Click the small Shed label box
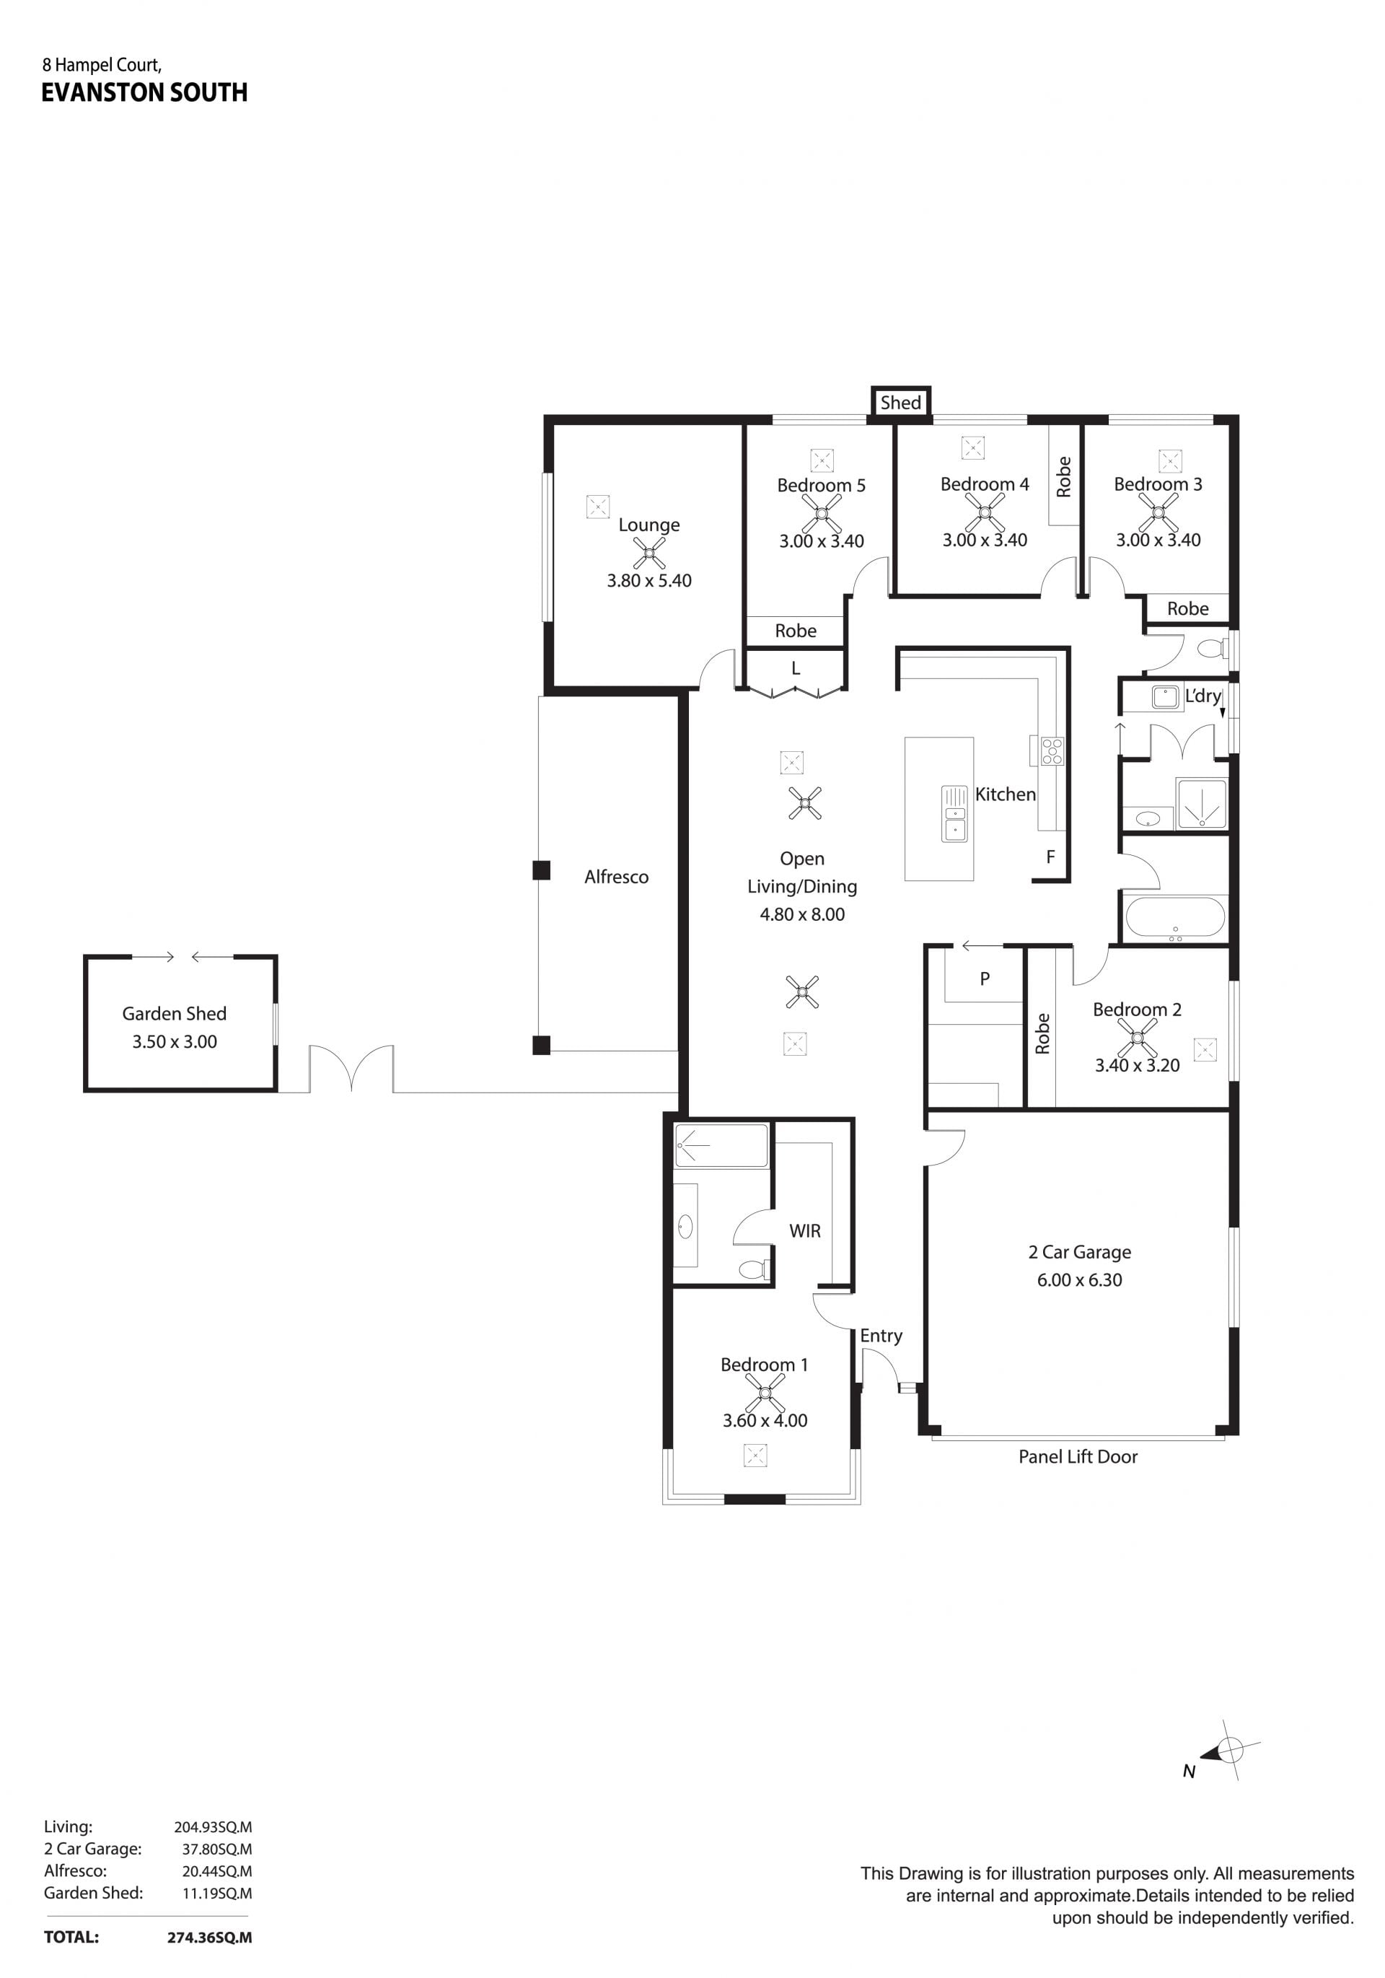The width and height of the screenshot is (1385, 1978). point(900,401)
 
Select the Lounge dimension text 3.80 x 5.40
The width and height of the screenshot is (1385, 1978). point(649,581)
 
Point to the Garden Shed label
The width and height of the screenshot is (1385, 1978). point(174,1013)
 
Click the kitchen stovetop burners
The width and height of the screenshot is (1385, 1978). point(1052,751)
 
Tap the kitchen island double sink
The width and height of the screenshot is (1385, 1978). point(954,814)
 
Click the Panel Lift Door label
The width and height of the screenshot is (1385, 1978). point(1078,1456)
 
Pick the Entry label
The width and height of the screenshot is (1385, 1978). point(881,1335)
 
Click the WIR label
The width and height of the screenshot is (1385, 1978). point(804,1231)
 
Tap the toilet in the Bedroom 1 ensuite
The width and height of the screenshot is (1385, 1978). point(754,1269)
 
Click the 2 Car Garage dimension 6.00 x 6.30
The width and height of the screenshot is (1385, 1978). point(1079,1280)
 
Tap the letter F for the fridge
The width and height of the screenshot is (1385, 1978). point(1050,857)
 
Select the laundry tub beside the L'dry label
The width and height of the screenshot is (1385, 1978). point(1166,697)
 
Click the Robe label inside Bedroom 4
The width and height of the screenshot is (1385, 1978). point(1064,476)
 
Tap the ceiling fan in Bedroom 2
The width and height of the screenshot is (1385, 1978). point(1137,1038)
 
